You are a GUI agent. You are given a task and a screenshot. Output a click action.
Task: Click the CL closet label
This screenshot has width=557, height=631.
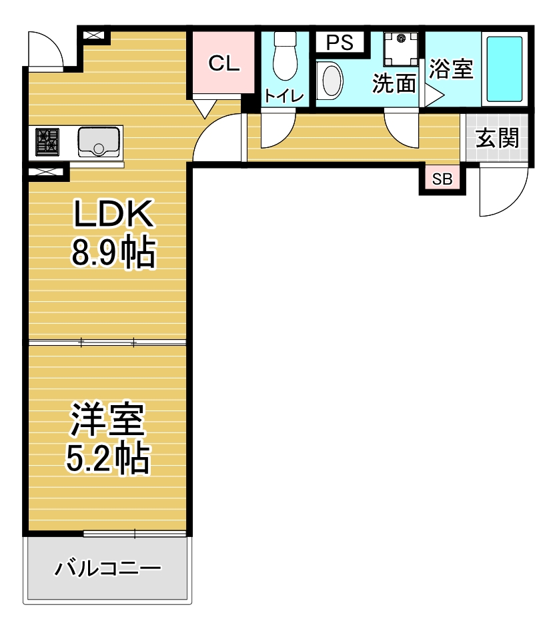point(224,63)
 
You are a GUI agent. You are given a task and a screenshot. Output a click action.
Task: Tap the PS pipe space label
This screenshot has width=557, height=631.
point(340,42)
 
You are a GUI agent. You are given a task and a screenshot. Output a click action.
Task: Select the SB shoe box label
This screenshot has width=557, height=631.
point(442,179)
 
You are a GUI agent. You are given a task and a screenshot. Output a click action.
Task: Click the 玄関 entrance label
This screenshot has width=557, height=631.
point(497,138)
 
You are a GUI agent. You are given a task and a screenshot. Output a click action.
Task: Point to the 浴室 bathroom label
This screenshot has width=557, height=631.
point(451,69)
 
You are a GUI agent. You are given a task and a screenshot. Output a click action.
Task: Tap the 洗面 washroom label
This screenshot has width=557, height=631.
point(394,83)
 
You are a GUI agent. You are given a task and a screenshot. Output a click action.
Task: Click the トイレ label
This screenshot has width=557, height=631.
point(284,96)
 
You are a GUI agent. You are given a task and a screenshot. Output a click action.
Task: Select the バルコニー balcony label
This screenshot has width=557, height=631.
point(107,568)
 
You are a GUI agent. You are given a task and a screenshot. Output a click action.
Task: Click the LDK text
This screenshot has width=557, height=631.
point(113,213)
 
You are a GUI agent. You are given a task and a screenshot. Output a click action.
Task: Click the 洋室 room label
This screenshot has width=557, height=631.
point(107,419)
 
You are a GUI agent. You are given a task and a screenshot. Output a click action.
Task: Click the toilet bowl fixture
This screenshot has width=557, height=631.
point(285,57)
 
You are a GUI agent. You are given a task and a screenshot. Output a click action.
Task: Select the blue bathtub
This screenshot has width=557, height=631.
point(504,69)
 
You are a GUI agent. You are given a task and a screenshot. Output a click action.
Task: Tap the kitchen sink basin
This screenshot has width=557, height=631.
point(99,142)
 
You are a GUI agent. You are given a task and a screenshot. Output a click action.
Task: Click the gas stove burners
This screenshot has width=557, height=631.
point(47,142)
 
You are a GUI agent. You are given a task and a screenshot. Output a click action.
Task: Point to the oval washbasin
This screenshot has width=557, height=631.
point(330,81)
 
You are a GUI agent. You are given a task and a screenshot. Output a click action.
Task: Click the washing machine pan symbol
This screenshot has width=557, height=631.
point(401,49)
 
